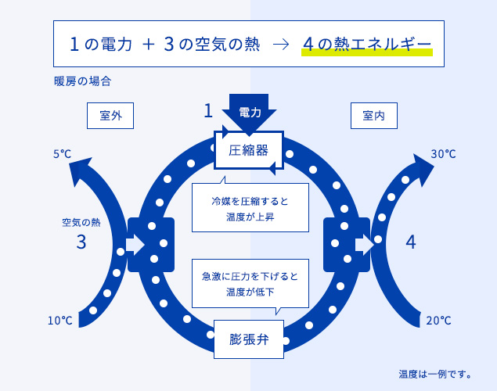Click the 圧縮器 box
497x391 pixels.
pos(248,149)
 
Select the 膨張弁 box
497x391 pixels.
pos(248,339)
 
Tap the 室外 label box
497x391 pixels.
pos(110,116)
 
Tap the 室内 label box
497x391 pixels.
pos(373,116)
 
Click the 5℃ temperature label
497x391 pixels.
pos(63,154)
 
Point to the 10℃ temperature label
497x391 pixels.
pos(60,320)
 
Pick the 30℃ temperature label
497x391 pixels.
pos(443,154)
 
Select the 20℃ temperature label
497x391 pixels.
pos(439,320)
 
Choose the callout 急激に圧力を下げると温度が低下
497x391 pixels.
pos(250,284)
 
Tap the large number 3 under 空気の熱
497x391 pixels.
pos(81,242)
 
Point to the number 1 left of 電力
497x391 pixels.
pos(208,111)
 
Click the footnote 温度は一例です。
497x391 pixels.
pos(435,373)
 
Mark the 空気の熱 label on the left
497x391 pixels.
pos(81,222)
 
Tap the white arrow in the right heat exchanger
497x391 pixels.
pos(364,244)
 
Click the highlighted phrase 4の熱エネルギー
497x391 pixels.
pos(366,44)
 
